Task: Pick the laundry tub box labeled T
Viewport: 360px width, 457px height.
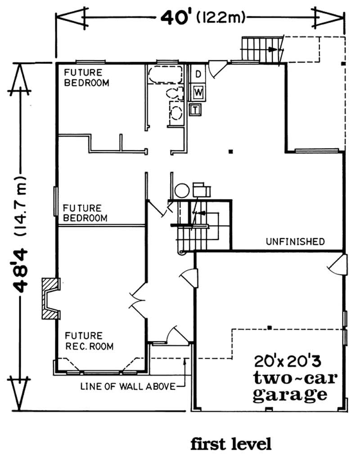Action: coord(195,109)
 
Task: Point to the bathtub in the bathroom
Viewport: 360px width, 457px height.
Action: coord(165,74)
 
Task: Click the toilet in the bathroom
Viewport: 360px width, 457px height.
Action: coord(173,94)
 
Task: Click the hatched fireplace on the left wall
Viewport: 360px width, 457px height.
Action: coord(50,299)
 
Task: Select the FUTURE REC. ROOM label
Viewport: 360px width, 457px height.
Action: coord(89,341)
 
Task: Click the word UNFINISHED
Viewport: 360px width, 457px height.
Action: coord(295,242)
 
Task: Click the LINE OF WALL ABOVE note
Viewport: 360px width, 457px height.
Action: coord(127,386)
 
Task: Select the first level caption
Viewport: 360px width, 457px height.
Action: coord(231,444)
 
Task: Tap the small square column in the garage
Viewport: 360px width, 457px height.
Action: coord(269,326)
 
